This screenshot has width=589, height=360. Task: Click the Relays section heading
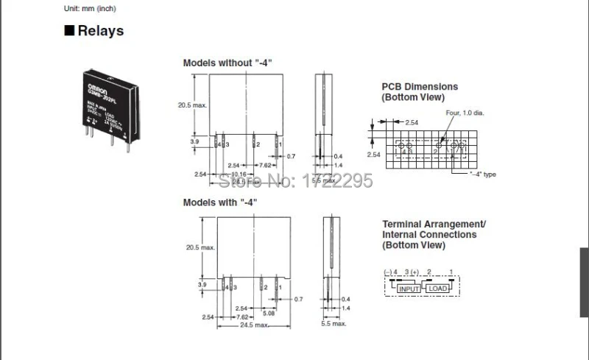point(101,31)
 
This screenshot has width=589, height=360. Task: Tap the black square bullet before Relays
point(69,31)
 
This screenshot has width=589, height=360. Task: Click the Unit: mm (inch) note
point(91,8)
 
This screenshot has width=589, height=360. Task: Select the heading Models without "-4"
point(228,63)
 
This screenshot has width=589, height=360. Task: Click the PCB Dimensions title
point(419,87)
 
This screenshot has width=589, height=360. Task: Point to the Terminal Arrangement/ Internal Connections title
point(434,234)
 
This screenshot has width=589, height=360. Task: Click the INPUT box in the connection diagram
point(409,289)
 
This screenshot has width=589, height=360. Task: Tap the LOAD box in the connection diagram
point(438,289)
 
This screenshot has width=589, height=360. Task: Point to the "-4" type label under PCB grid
point(484,174)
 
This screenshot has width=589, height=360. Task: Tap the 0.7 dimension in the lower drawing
point(299,299)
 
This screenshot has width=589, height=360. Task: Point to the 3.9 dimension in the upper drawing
point(194,141)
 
